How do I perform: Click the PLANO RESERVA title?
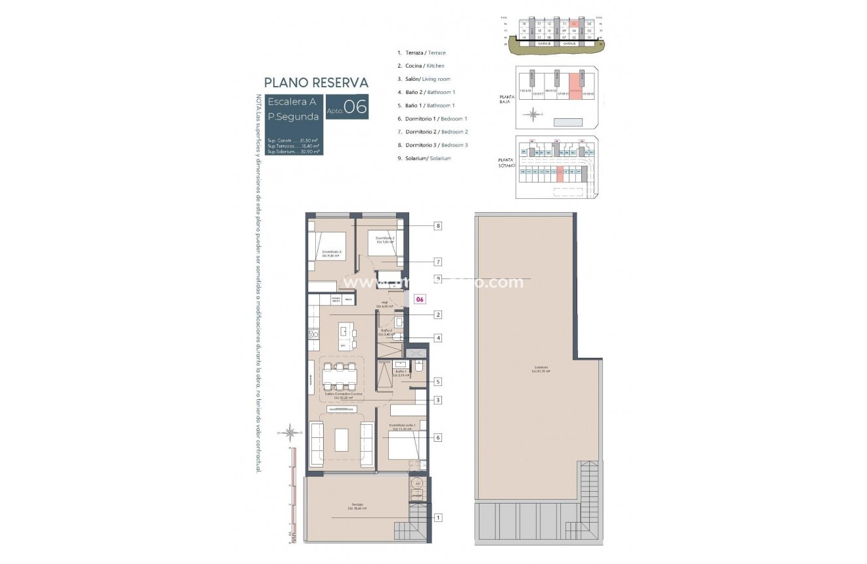(316, 83)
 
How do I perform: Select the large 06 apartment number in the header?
(355, 108)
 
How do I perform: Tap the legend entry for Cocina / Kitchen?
(421, 66)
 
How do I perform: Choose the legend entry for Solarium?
(424, 158)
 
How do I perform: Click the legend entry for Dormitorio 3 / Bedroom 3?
(432, 145)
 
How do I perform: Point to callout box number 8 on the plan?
(437, 226)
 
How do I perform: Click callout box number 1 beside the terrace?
(437, 517)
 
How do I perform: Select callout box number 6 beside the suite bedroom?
(437, 437)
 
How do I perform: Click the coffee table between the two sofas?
(342, 439)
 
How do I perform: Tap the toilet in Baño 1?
(418, 372)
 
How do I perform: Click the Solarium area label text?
(541, 369)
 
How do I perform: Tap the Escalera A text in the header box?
(292, 102)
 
